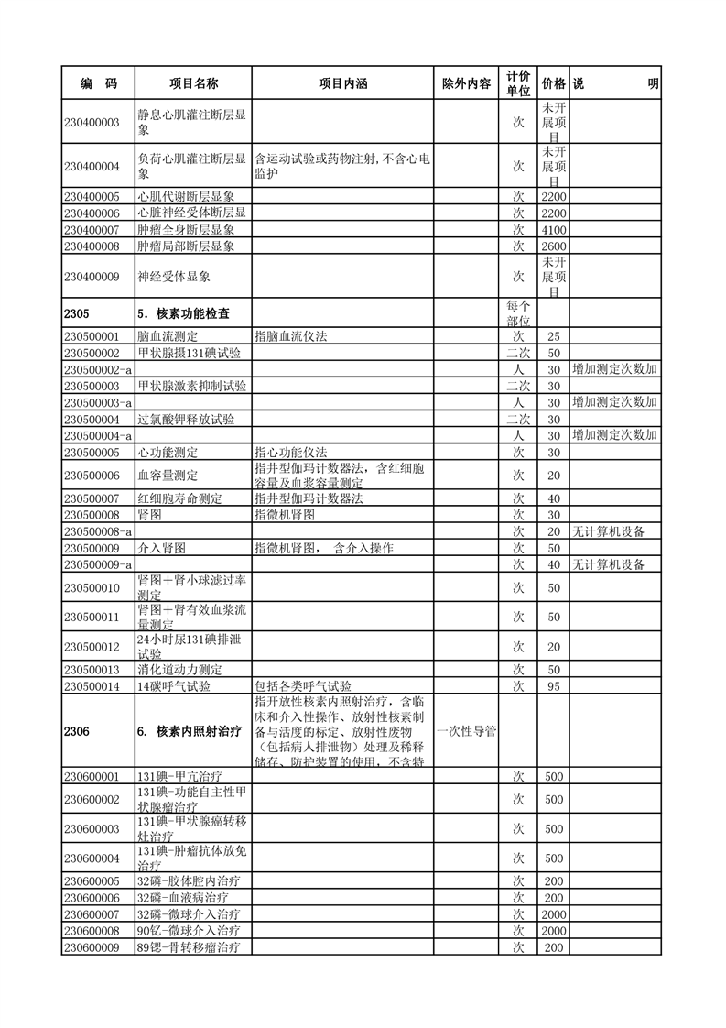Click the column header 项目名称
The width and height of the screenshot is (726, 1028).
(x=192, y=83)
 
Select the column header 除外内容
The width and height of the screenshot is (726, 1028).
(x=466, y=83)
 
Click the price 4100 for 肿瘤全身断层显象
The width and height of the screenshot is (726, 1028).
(x=553, y=229)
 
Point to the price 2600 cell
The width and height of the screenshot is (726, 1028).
(x=553, y=246)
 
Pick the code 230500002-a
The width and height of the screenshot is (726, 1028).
(x=98, y=369)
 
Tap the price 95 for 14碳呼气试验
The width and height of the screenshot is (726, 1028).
(x=553, y=686)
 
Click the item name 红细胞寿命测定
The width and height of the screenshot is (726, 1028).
(x=179, y=498)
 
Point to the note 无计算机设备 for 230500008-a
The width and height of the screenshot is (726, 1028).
(x=608, y=531)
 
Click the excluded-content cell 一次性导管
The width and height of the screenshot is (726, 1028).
(x=466, y=731)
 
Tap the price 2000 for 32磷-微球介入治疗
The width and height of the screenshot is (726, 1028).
(x=553, y=914)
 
